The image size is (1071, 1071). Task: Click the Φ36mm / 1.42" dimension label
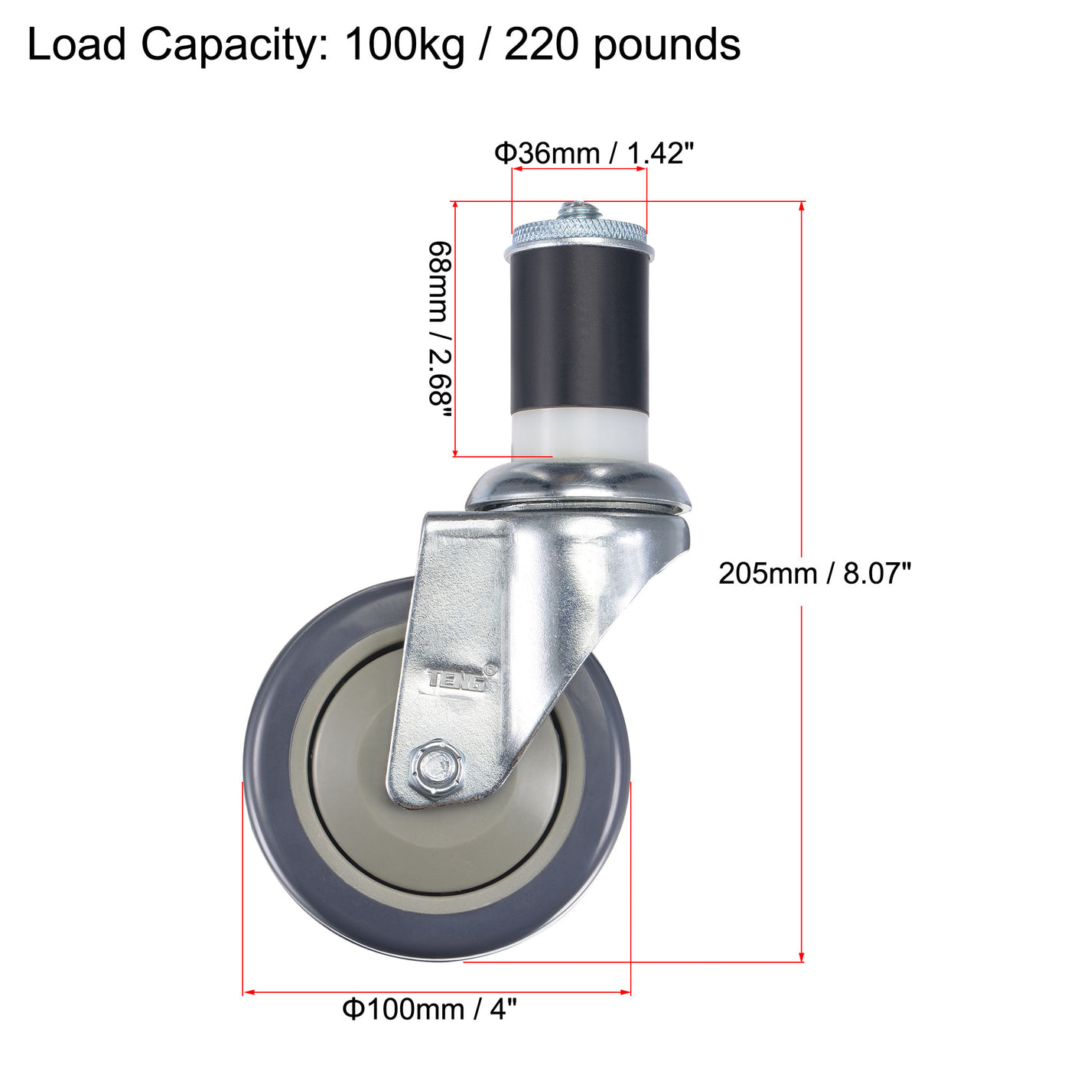[x=593, y=154]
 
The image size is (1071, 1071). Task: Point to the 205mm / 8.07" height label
[x=815, y=572]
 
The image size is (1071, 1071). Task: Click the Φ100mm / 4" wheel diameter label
[x=429, y=1009]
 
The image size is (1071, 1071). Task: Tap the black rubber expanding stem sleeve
[x=579, y=330]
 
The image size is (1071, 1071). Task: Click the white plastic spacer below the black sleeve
[x=579, y=433]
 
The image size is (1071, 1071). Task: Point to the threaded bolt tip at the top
[x=579, y=209]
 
